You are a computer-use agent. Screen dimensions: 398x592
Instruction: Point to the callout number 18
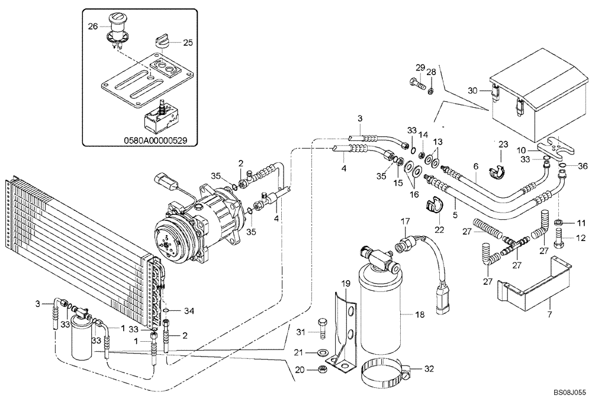coord(419,315)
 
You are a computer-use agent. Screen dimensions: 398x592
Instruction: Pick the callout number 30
coord(472,91)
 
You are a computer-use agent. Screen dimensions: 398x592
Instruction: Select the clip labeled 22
coord(433,206)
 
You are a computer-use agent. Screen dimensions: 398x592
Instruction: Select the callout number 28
coord(432,72)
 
